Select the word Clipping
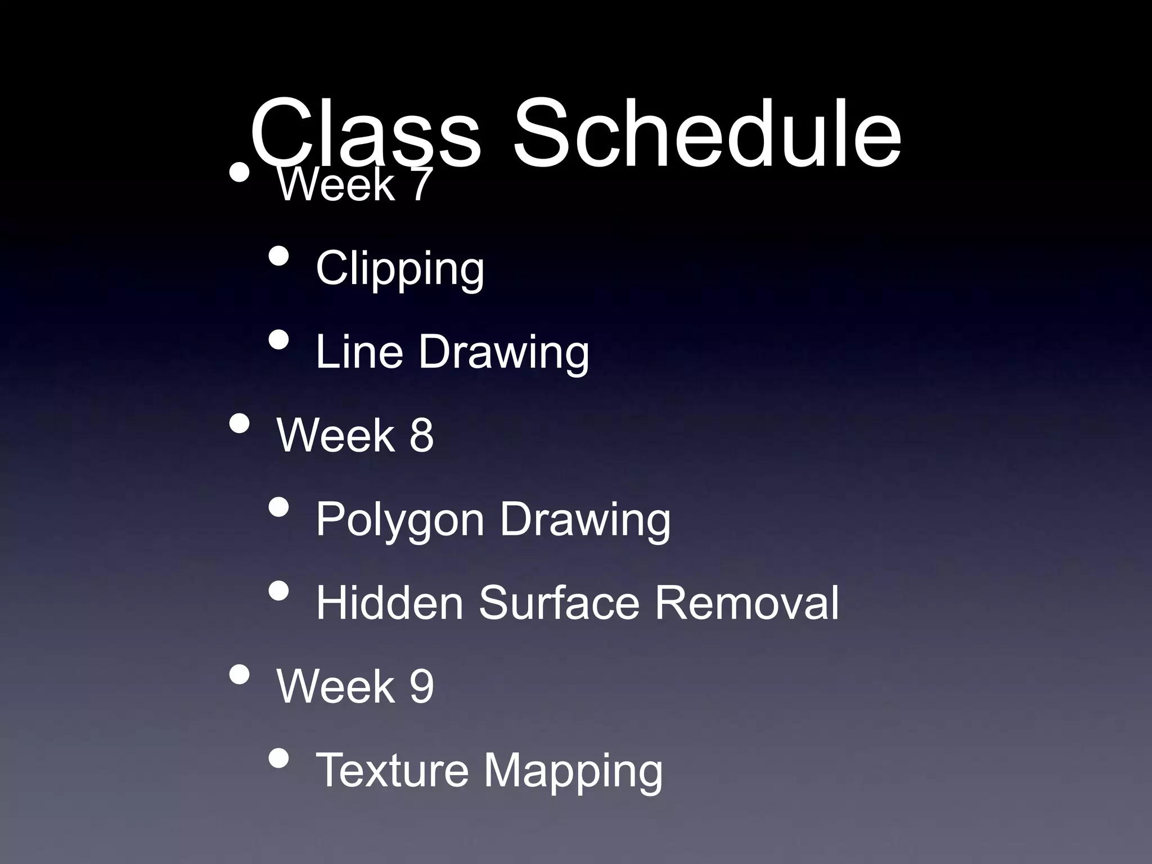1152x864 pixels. click(x=399, y=269)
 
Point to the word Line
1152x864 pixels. click(x=359, y=352)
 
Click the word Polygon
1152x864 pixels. click(x=399, y=520)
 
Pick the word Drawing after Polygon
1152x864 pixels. click(x=585, y=520)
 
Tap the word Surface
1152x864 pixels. click(x=559, y=603)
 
